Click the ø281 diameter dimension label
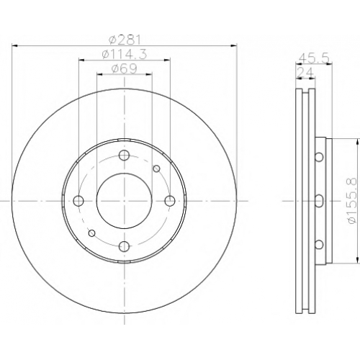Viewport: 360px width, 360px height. click(124, 40)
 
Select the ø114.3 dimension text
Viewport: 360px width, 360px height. click(124, 55)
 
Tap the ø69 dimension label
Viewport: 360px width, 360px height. click(124, 69)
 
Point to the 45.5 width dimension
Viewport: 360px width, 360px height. click(314, 58)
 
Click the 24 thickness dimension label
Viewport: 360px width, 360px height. click(305, 72)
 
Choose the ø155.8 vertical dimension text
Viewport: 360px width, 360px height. click(353, 201)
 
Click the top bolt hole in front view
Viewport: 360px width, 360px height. click(125, 156)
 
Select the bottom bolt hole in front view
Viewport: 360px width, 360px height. click(125, 246)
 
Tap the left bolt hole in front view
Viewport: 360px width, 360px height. click(78, 201)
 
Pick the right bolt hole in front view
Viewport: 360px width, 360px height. click(170, 201)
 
